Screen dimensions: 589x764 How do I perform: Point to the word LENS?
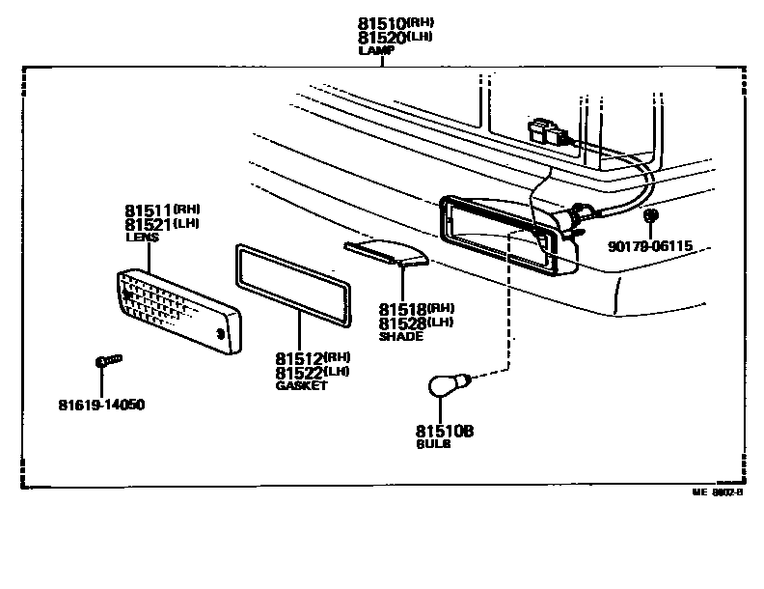pyautogui.click(x=142, y=237)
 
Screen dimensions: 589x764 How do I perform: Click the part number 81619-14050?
pyautogui.click(x=100, y=405)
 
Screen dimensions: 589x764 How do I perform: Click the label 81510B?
pyautogui.click(x=445, y=431)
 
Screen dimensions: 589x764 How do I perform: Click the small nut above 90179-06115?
pyautogui.click(x=651, y=214)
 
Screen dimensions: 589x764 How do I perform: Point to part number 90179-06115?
pyautogui.click(x=650, y=246)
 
